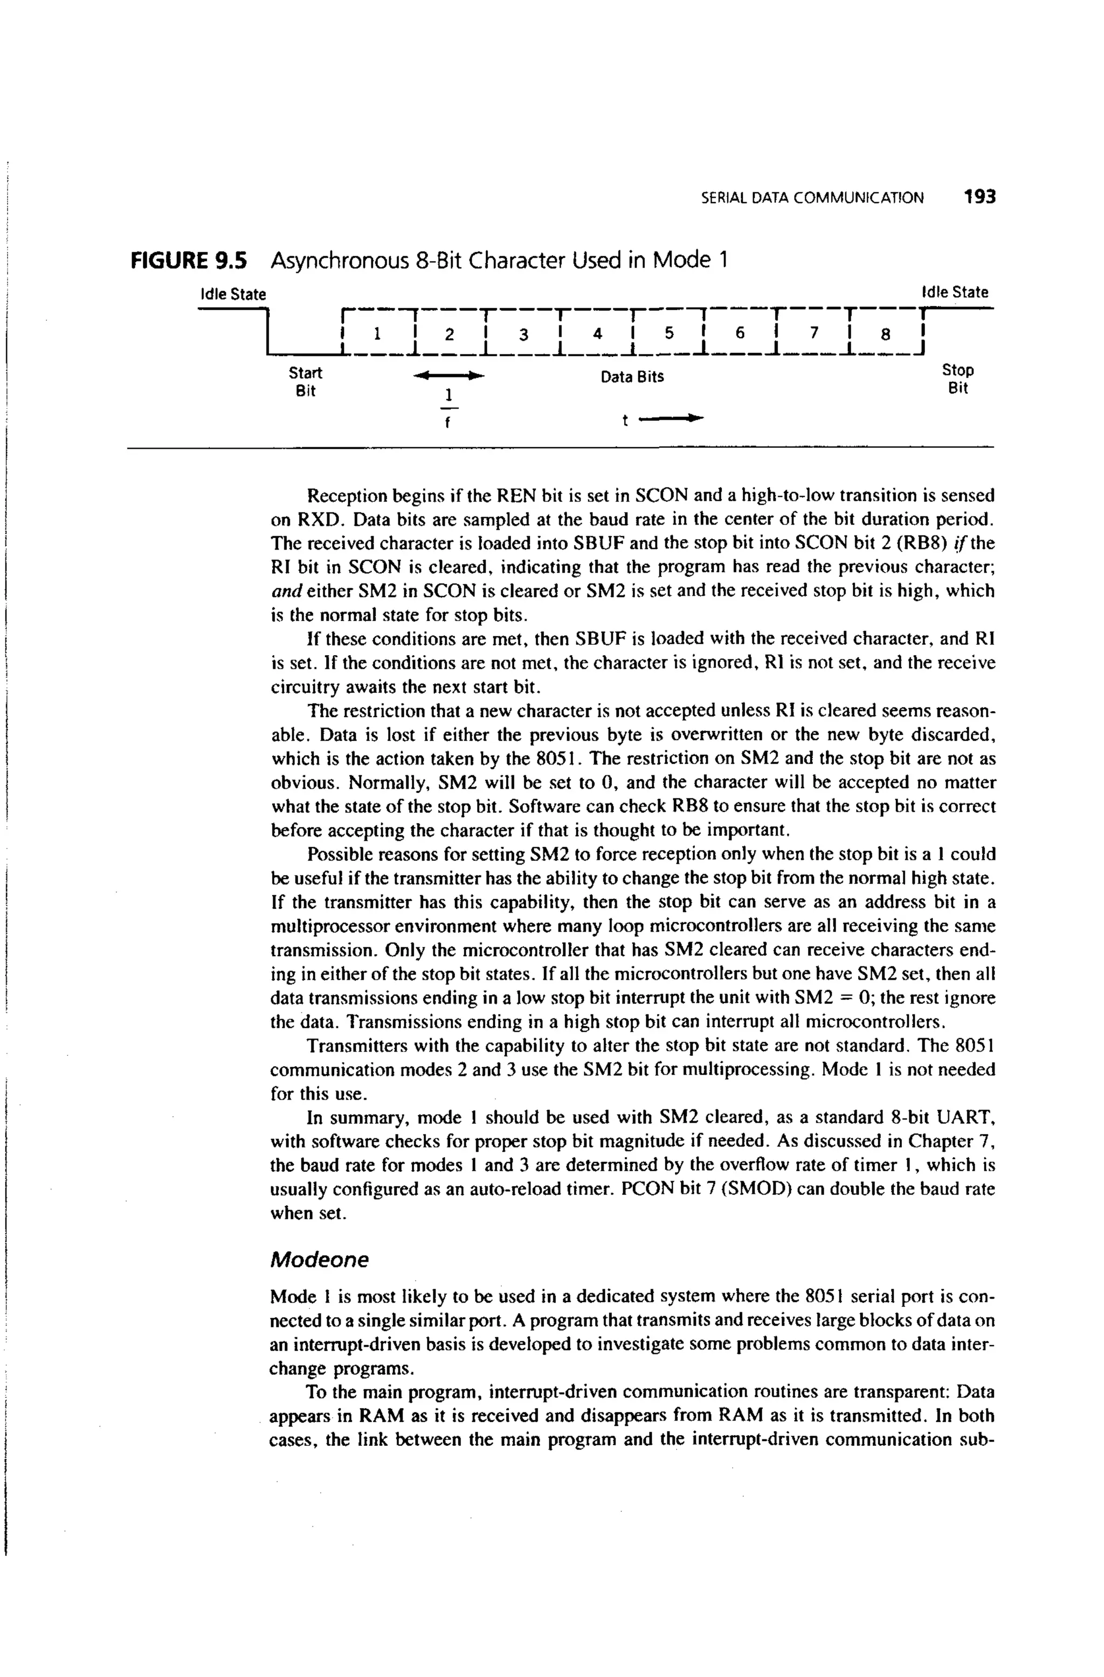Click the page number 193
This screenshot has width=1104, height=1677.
(980, 197)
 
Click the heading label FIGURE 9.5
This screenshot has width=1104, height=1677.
(189, 261)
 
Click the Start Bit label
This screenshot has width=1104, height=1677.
(305, 381)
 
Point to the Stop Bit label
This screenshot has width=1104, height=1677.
(958, 379)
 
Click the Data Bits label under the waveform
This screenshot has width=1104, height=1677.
(632, 377)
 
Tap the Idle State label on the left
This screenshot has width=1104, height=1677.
(233, 294)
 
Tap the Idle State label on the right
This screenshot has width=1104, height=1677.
(955, 292)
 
